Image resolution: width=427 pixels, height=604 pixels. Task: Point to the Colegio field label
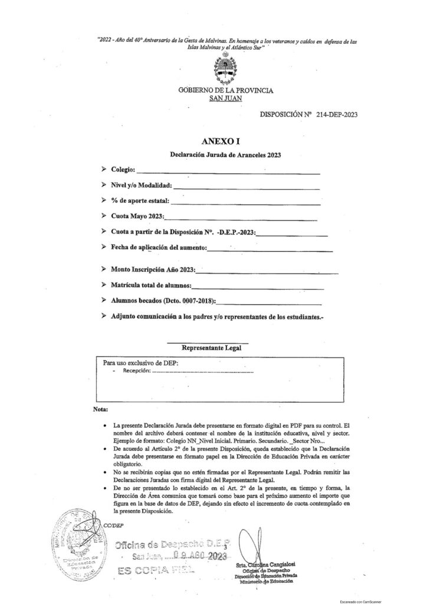pyautogui.click(x=123, y=171)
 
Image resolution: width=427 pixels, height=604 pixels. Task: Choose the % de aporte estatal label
pyautogui.click(x=144, y=201)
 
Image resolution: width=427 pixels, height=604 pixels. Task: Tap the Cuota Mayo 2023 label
pyautogui.click(x=141, y=217)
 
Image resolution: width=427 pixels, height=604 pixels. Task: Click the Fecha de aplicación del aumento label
pyautogui.click(x=159, y=247)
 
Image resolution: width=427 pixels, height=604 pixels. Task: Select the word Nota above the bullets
pyautogui.click(x=101, y=409)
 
